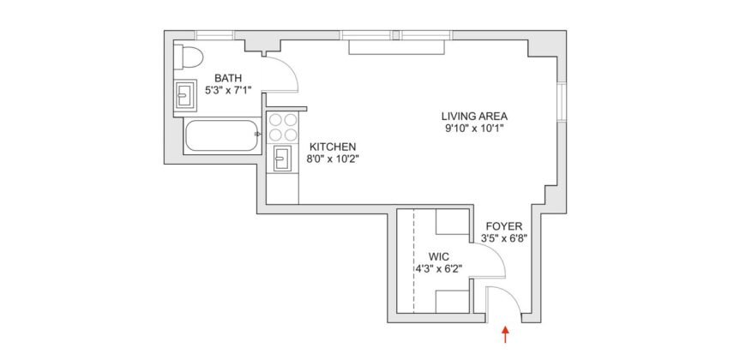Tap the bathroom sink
pos(185,94)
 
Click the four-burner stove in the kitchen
pos(284,127)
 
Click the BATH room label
pos(229,76)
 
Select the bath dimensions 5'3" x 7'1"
pos(228,89)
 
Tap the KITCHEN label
pos(333,146)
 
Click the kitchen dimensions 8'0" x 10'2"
pos(333,159)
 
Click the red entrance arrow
pos(506,333)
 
